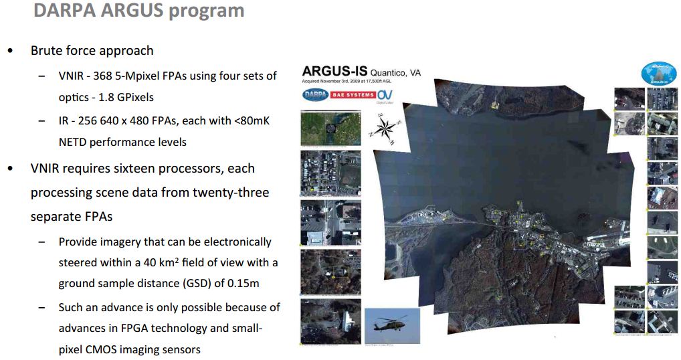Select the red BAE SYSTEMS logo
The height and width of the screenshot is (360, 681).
click(x=352, y=95)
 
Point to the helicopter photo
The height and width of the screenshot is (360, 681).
click(x=391, y=325)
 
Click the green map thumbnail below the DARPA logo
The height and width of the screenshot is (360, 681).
click(x=330, y=127)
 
